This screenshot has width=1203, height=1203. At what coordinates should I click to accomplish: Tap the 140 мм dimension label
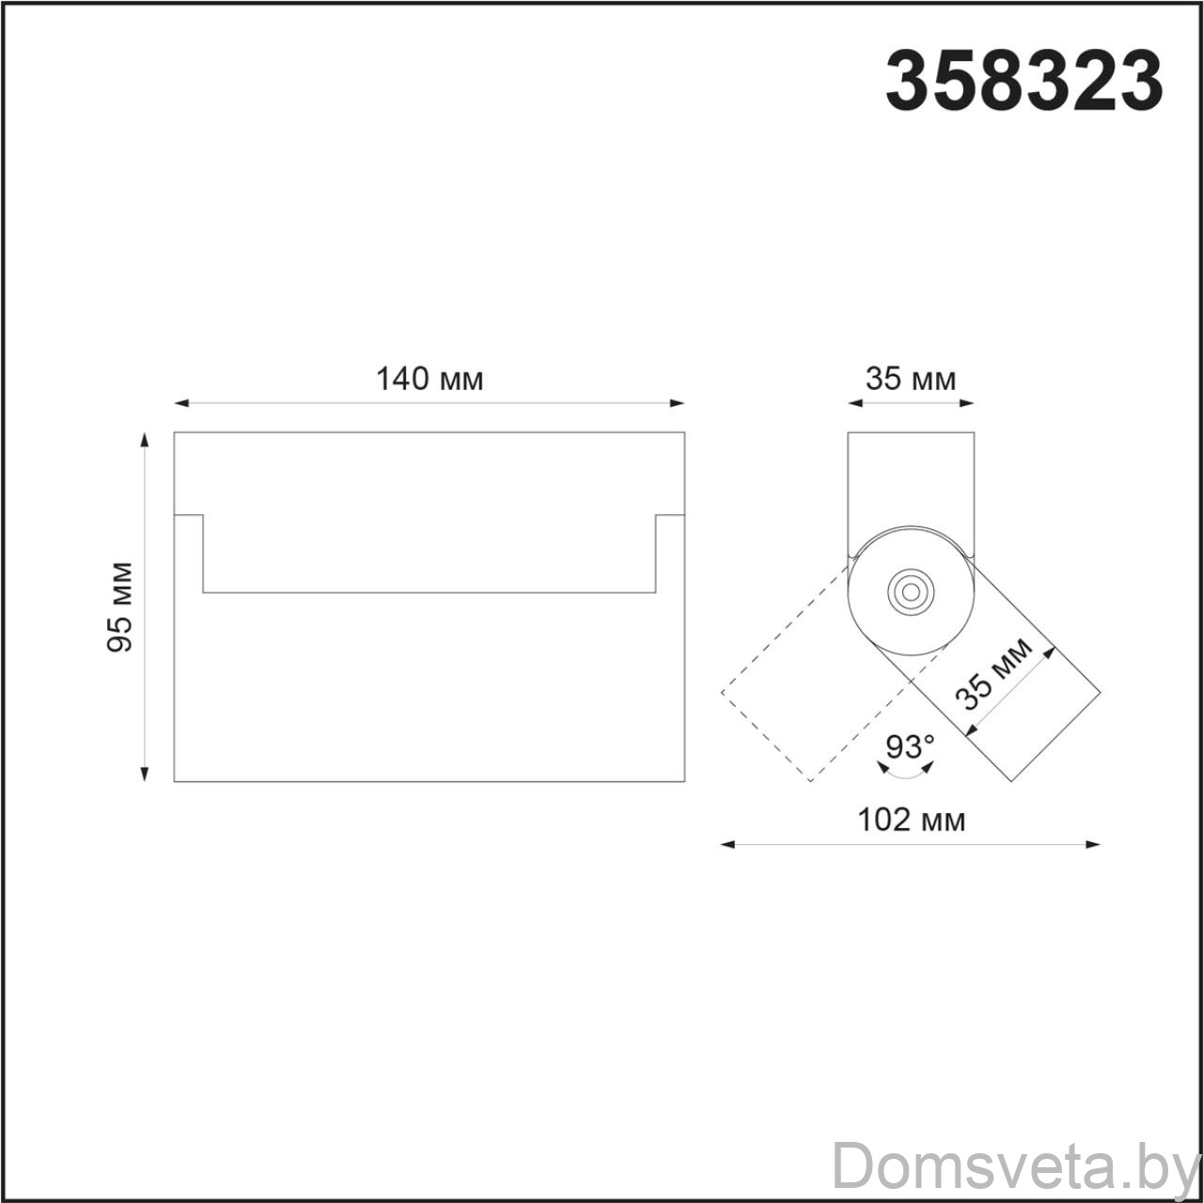pos(430,379)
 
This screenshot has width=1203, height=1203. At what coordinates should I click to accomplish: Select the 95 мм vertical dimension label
pos(120,607)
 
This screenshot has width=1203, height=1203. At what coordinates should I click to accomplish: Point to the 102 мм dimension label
pos(912,820)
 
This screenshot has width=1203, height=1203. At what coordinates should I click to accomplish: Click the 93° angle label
pos(910,746)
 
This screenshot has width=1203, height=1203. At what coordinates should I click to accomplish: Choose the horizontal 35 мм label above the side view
pos(911,379)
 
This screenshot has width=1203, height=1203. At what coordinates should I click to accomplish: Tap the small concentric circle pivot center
pos(911,591)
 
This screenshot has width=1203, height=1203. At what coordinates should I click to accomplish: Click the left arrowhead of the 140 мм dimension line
pos(181,403)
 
